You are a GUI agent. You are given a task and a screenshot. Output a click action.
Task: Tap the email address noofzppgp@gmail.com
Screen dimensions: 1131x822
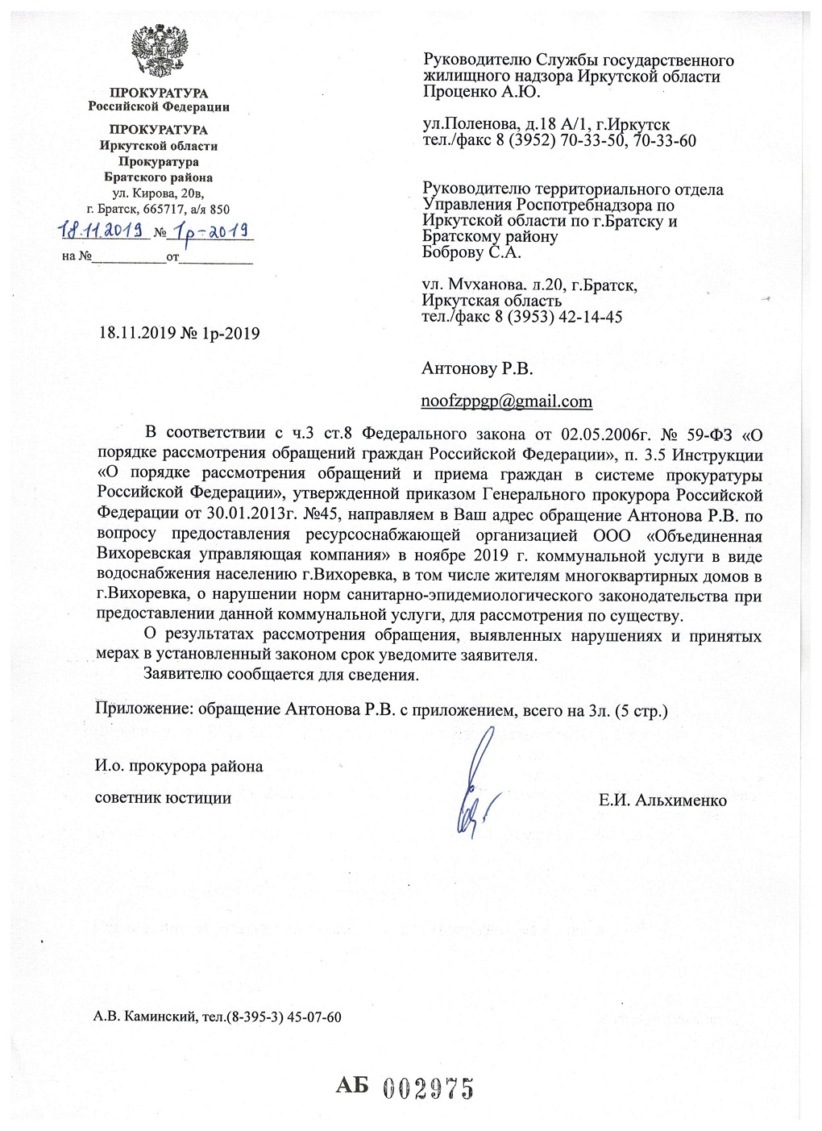point(507,401)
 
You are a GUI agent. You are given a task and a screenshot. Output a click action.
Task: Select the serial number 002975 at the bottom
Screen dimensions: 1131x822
point(427,1089)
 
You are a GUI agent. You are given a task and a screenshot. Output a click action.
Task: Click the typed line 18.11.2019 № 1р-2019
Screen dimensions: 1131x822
point(179,332)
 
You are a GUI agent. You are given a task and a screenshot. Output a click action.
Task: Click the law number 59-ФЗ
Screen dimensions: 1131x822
point(711,436)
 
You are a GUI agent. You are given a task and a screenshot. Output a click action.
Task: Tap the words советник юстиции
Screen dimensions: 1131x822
point(163,798)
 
